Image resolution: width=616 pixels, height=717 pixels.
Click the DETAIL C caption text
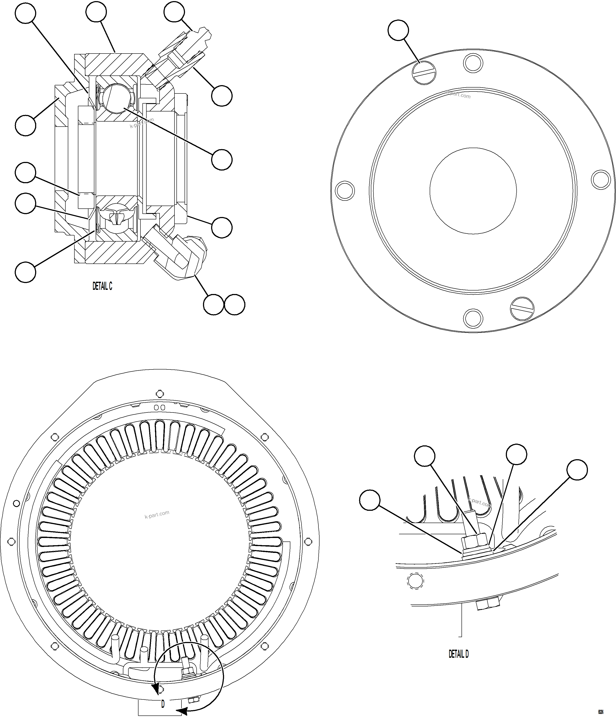[102, 286]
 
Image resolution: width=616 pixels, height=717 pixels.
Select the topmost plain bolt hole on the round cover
[473, 63]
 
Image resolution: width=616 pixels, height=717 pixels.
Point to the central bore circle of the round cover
[473, 191]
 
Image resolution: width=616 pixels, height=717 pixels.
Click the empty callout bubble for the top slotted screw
[398, 30]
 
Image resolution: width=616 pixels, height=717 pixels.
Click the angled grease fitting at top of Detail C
[189, 48]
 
